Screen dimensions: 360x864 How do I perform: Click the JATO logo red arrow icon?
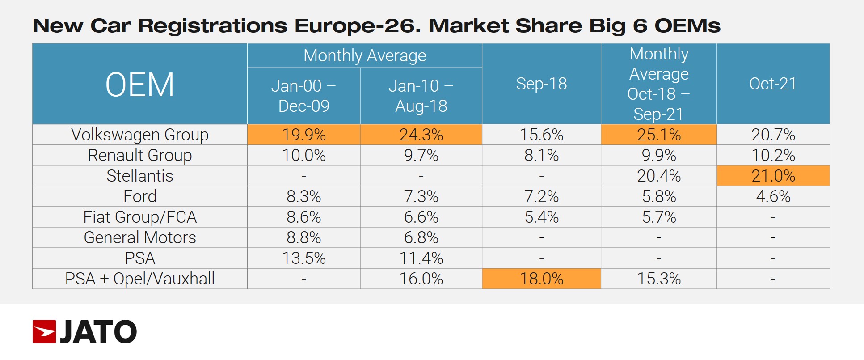pyautogui.click(x=44, y=332)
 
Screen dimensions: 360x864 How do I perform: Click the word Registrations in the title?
pyautogui.click(x=212, y=26)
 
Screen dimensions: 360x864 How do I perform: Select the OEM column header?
pyautogui.click(x=139, y=85)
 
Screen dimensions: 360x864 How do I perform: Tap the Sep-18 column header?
pyautogui.click(x=541, y=84)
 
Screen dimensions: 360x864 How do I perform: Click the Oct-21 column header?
pyautogui.click(x=773, y=84)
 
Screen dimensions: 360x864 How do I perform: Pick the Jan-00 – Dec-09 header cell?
pyautogui.click(x=303, y=96)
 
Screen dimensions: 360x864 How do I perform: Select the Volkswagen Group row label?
pyautogui.click(x=139, y=135)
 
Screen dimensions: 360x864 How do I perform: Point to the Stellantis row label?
pyautogui.click(x=139, y=176)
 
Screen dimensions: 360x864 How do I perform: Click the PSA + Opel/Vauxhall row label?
pyautogui.click(x=139, y=279)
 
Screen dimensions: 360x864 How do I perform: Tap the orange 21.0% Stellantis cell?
pyautogui.click(x=773, y=176)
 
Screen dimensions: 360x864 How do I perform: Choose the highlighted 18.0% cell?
pyautogui.click(x=541, y=279)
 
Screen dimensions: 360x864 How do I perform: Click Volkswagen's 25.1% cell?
pyautogui.click(x=658, y=135)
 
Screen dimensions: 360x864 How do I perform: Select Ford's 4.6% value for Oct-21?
pyautogui.click(x=773, y=196)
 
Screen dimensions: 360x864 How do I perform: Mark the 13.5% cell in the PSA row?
pyautogui.click(x=303, y=258)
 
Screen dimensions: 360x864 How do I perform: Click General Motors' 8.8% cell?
pyautogui.click(x=303, y=237)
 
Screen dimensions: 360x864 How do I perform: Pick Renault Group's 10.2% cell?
pyautogui.click(x=773, y=155)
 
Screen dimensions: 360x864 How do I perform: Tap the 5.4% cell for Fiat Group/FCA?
pyautogui.click(x=541, y=217)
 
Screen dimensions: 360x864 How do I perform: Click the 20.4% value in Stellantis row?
pyautogui.click(x=658, y=176)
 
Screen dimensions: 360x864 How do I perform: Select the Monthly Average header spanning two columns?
pyautogui.click(x=364, y=55)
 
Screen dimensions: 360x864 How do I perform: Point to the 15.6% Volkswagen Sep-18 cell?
pyautogui.click(x=541, y=135)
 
